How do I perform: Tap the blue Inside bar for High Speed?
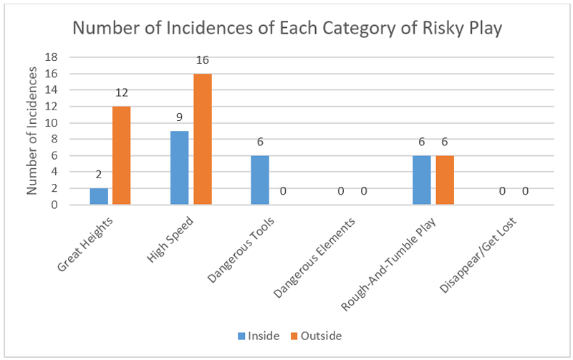click(x=180, y=168)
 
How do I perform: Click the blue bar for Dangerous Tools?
click(x=261, y=180)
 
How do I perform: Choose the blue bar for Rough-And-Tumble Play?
click(x=423, y=180)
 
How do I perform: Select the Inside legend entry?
click(x=256, y=335)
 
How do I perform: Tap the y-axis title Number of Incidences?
click(x=33, y=131)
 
